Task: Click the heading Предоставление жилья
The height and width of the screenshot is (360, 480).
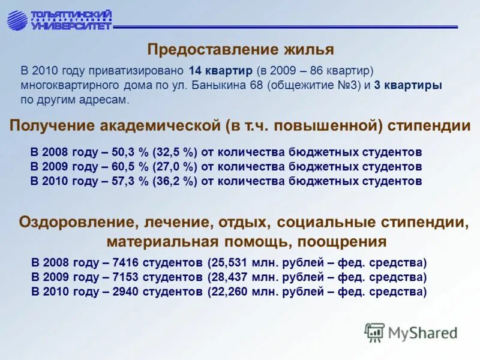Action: pos(241,49)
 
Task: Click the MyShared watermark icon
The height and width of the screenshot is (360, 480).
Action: pos(374,332)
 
